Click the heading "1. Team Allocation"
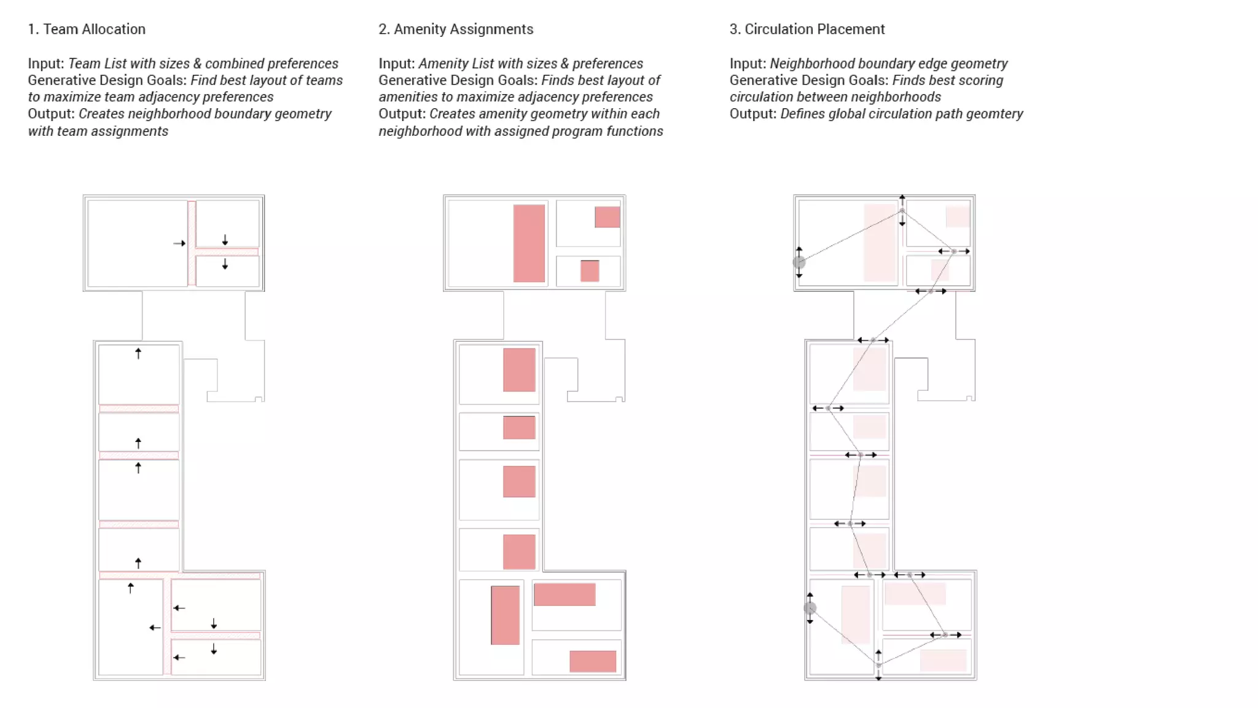[x=87, y=29]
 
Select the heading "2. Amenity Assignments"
[x=456, y=29]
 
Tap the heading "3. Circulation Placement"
[x=807, y=29]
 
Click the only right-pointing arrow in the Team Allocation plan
[x=179, y=243]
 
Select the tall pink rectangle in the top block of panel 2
[x=529, y=243]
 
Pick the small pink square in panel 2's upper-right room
[x=607, y=217]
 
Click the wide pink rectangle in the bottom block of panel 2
[x=564, y=594]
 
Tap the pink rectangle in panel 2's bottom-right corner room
[x=592, y=661]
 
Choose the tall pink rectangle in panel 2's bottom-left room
[x=505, y=615]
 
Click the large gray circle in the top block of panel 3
[x=799, y=262]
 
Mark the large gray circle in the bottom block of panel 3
[x=810, y=608]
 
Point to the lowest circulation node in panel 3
[x=878, y=665]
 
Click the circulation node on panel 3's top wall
[x=902, y=211]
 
